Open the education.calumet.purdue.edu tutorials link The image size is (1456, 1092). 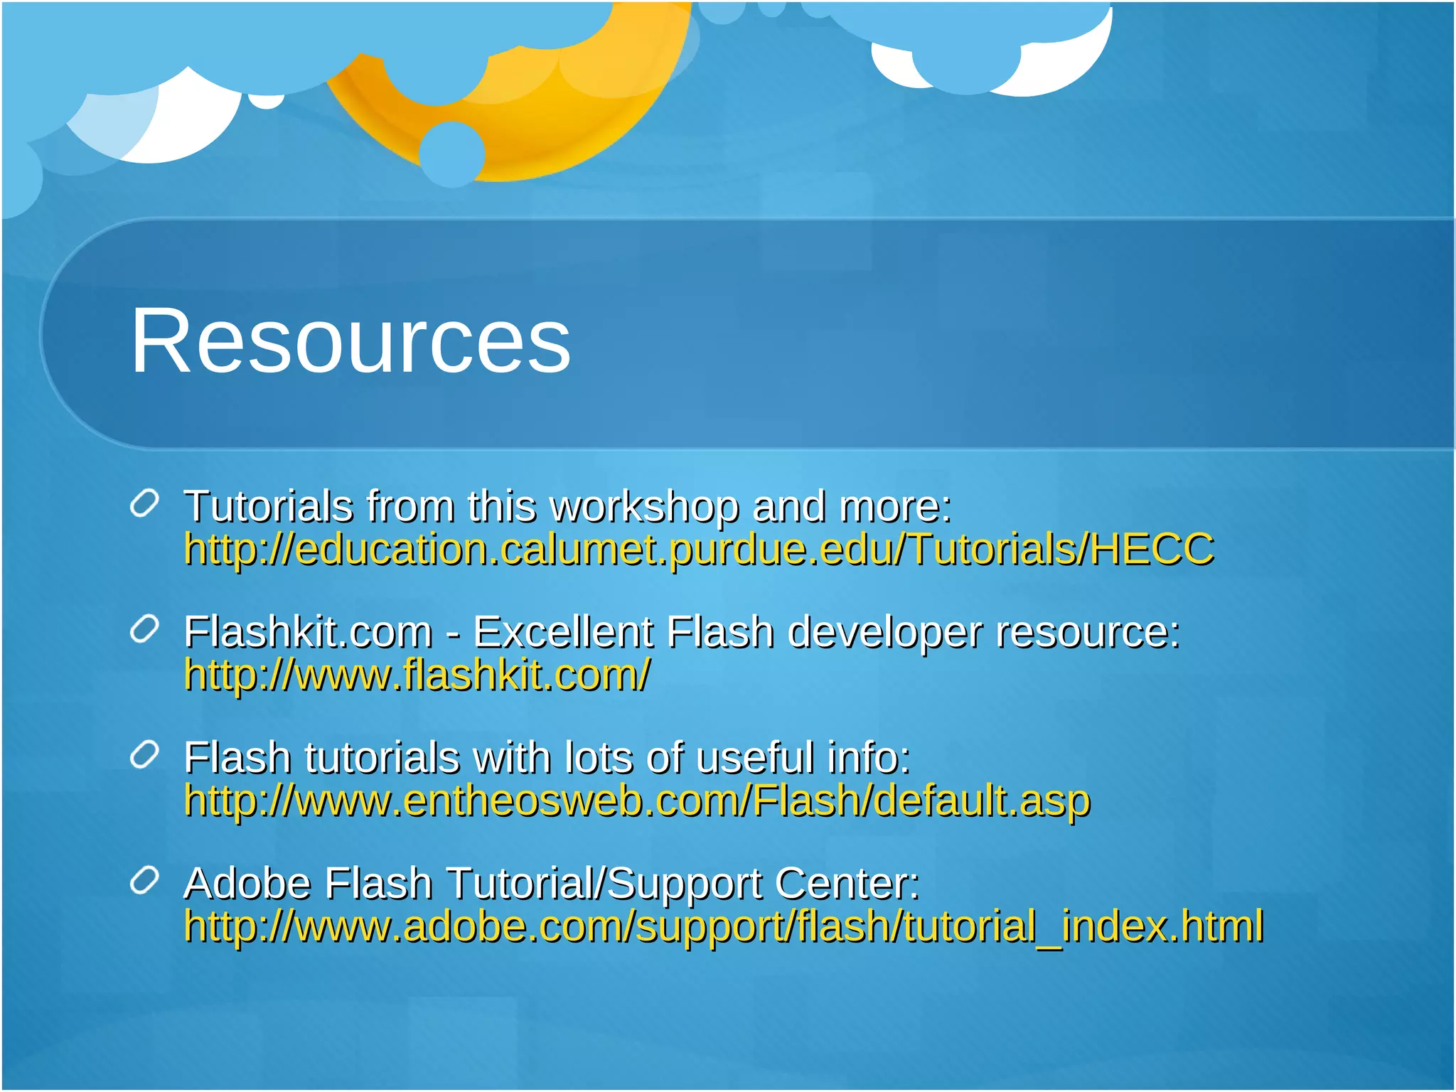coord(699,550)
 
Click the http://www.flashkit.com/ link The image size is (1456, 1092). coord(417,675)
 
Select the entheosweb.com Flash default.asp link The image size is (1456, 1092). coord(637,801)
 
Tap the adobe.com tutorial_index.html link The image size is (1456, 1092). coord(724,926)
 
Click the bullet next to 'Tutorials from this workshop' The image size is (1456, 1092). coord(144,504)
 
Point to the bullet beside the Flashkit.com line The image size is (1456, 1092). coord(144,630)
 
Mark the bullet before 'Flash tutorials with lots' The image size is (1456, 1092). coord(144,755)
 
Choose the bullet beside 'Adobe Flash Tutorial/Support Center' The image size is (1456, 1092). coord(144,881)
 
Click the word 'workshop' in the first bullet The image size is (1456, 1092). coord(645,507)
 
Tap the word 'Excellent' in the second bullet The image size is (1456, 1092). coord(562,632)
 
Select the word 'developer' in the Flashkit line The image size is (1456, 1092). coord(884,633)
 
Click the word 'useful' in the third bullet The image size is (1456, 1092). coord(754,757)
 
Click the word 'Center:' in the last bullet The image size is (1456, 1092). coord(847,883)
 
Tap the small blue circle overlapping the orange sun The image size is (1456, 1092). coord(451,154)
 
